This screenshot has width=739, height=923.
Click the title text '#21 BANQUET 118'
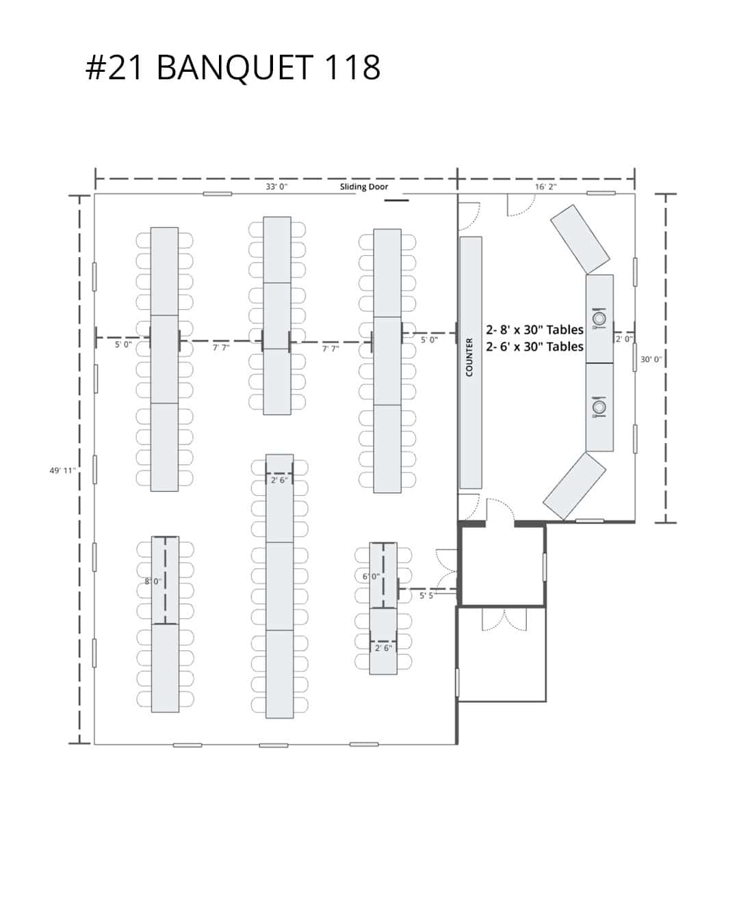coord(233,68)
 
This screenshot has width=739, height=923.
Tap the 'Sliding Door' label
coord(364,187)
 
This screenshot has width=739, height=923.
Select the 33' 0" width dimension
coord(276,187)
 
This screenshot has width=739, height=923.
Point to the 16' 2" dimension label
coord(545,187)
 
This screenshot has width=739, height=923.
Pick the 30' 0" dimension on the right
coord(651,359)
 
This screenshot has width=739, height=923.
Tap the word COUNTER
coord(469,357)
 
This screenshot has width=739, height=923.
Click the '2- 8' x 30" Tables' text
coord(534,330)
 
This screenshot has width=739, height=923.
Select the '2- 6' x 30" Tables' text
coord(534,347)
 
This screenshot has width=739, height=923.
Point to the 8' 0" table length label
coord(153,581)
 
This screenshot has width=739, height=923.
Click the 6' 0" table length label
coord(371,576)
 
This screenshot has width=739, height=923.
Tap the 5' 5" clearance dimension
coord(426,596)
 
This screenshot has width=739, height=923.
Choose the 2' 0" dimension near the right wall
coord(623,338)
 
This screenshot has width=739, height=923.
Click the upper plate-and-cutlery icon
coord(599,318)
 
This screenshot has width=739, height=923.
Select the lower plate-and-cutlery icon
coord(599,407)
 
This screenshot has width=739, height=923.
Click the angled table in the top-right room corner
coord(580,239)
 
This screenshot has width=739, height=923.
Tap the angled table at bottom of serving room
coord(575,485)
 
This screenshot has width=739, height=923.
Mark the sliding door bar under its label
coord(396,200)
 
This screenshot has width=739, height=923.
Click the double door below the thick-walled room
coord(504,619)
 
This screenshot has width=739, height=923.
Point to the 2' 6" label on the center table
coord(279,480)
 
